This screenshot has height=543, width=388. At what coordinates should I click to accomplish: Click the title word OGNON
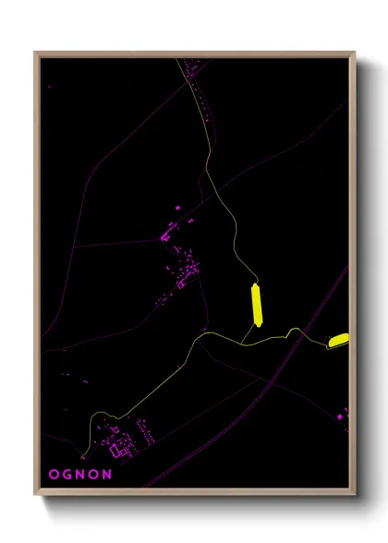click(x=80, y=474)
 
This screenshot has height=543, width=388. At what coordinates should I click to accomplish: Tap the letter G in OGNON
click(x=67, y=474)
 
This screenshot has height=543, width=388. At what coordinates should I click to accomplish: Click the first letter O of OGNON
click(x=53, y=474)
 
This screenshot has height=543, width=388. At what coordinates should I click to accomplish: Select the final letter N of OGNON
click(x=108, y=474)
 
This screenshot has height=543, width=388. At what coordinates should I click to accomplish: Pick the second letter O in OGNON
click(x=94, y=474)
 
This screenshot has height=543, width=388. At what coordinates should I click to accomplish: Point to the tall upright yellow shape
click(x=258, y=306)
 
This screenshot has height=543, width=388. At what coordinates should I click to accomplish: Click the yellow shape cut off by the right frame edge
click(x=338, y=341)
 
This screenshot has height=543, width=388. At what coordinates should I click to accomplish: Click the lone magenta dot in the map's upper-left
click(x=50, y=87)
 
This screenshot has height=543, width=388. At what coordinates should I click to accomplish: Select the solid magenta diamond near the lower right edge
click(x=339, y=416)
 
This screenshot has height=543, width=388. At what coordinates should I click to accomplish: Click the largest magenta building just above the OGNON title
click(x=117, y=451)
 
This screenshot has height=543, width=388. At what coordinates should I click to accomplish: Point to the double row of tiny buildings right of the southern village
click(x=146, y=430)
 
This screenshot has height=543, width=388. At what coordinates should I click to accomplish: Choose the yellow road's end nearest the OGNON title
click(x=84, y=455)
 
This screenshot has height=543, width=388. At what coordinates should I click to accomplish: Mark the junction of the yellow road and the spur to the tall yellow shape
click(x=242, y=343)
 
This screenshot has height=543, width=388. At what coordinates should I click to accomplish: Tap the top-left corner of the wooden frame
click(x=35, y=53)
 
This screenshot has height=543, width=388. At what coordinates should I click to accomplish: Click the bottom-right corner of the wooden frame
click(x=355, y=496)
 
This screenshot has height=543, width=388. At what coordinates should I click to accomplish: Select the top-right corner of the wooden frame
click(x=355, y=53)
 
